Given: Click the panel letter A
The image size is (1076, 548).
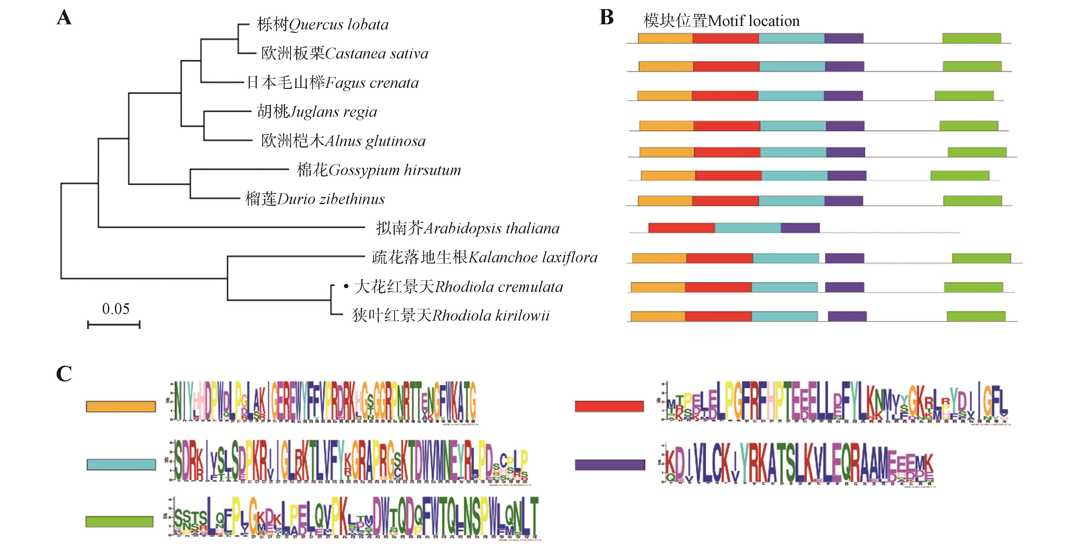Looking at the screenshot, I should [64, 18].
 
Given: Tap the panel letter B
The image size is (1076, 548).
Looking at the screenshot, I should [606, 18].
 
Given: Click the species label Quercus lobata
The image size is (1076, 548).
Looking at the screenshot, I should [322, 25].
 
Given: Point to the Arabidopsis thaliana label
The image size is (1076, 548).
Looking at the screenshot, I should [468, 228].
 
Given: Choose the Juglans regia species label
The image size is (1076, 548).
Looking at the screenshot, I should [317, 112].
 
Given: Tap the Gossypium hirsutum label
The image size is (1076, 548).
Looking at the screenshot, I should [378, 170].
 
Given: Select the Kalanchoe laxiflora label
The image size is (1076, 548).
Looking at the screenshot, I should [484, 257].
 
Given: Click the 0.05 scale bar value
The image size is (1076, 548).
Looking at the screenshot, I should [116, 309].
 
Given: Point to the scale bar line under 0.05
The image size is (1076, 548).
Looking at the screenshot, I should [114, 324].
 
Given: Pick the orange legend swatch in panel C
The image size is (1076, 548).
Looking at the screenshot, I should [121, 406].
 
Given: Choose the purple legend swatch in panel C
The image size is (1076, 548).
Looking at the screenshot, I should [609, 464].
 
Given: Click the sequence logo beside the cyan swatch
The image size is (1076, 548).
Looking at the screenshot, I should [351, 461].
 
